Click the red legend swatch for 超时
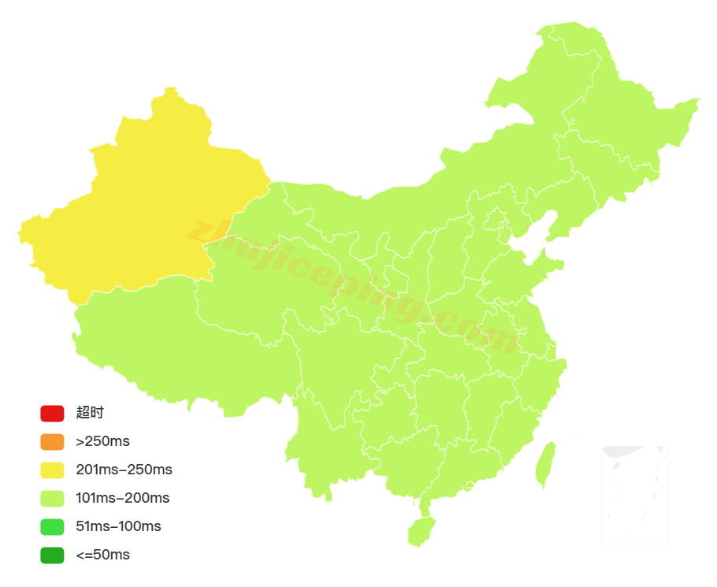(x=52, y=413)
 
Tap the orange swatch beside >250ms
(x=52, y=441)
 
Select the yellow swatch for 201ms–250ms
(x=52, y=470)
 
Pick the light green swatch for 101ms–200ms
(x=52, y=498)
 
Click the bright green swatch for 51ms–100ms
(x=52, y=526)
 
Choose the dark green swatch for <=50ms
(x=52, y=555)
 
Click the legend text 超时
(x=90, y=413)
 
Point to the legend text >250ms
(x=102, y=441)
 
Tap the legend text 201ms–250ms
(x=124, y=470)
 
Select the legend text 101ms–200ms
(x=122, y=498)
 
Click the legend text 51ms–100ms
(x=118, y=526)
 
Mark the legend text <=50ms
(x=102, y=555)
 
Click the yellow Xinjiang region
(x=150, y=197)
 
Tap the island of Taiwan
(x=545, y=465)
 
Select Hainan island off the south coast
(x=422, y=531)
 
